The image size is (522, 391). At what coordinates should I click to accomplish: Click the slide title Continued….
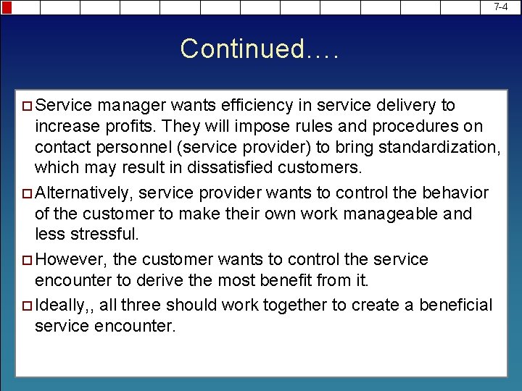[x=260, y=49]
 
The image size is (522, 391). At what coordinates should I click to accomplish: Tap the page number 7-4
[x=500, y=7]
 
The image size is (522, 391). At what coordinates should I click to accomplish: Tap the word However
[x=68, y=259]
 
